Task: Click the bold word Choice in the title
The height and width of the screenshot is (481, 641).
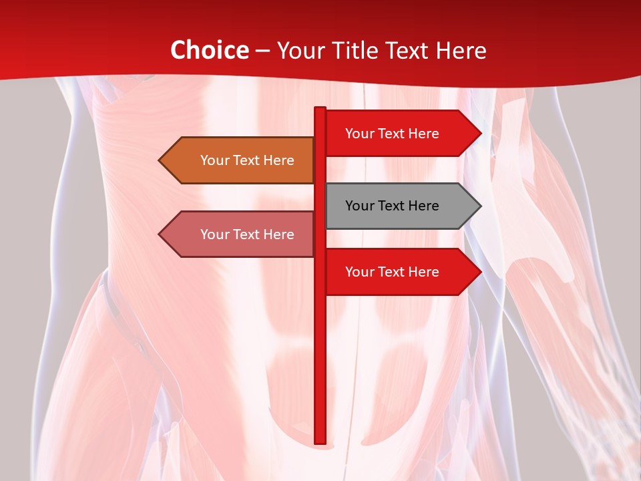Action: tap(209, 51)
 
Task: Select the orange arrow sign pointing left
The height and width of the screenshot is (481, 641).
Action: tap(240, 160)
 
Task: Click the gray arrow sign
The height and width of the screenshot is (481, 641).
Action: tap(401, 206)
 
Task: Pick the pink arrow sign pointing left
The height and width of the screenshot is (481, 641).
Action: tap(240, 234)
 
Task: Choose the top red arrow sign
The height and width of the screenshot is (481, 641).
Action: tap(401, 133)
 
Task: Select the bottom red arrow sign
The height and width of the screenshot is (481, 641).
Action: tap(401, 271)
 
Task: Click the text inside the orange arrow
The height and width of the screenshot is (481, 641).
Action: tap(247, 160)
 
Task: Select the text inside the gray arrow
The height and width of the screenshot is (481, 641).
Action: tap(392, 206)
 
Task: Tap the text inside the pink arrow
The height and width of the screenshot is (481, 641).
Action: tap(247, 234)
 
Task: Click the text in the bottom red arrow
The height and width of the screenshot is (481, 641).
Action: tap(392, 272)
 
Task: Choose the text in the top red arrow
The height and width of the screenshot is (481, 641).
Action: tap(392, 134)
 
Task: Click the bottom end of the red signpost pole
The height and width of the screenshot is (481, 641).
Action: tap(320, 441)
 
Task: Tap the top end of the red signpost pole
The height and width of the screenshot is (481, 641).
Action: tap(320, 109)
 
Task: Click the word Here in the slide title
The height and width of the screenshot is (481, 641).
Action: tap(461, 51)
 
